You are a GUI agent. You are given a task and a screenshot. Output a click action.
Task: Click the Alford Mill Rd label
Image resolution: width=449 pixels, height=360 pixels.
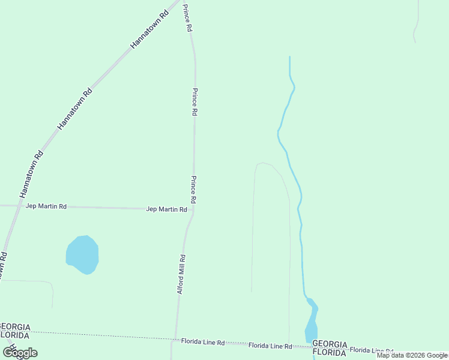(181, 274)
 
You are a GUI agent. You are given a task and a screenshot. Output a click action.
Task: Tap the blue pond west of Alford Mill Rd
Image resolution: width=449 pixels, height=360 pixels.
(82, 254)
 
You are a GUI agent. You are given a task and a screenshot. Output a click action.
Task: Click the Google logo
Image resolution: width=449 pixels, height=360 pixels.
(20, 353)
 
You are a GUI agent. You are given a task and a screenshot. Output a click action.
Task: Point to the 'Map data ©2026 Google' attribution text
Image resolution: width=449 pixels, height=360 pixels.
(412, 355)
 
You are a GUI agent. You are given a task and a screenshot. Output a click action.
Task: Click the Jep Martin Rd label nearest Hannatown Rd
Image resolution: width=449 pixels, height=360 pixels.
(46, 206)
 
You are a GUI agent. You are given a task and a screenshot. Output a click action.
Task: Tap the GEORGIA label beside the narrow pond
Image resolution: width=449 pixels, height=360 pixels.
(330, 344)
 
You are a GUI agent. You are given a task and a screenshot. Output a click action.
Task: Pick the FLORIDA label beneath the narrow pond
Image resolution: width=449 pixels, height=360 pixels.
(330, 352)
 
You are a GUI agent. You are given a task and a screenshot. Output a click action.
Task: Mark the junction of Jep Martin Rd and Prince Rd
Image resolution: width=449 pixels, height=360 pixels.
(193, 209)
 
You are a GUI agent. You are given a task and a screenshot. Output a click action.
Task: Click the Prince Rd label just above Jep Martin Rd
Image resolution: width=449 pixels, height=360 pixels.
(194, 189)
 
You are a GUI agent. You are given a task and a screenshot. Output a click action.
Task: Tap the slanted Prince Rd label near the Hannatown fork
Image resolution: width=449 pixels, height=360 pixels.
(188, 18)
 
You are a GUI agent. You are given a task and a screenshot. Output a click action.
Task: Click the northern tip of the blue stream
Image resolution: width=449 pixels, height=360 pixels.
(289, 57)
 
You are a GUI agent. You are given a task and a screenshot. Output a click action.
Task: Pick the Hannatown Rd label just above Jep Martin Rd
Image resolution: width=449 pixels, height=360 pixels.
(32, 173)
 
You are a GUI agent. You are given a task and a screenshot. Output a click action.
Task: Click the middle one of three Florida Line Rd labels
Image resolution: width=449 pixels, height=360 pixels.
(270, 346)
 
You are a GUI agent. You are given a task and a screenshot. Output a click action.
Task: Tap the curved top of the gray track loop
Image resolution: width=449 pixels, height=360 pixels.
(264, 163)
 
